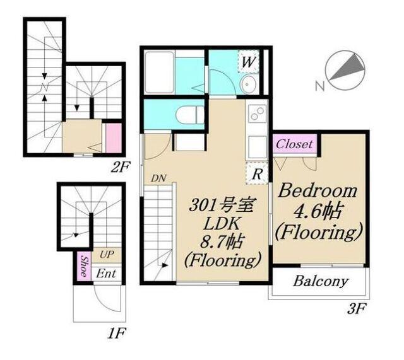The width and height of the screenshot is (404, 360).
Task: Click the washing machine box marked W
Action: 248,62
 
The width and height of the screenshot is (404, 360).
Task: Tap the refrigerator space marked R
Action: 257,173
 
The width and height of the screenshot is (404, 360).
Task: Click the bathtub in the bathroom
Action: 159,73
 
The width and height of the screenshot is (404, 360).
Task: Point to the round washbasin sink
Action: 248,84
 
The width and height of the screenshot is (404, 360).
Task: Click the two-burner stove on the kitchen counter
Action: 257,113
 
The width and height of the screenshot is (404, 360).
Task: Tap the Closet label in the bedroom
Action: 294,144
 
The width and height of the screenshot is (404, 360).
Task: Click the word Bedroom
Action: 318,191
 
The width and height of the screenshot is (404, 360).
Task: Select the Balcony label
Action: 320,281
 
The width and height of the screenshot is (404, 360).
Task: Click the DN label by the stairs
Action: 158,178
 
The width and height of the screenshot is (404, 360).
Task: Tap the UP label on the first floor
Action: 107,255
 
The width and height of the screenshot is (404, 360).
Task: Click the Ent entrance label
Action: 106,274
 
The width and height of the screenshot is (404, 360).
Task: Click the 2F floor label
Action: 121,168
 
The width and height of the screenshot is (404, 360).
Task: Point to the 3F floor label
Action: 357,309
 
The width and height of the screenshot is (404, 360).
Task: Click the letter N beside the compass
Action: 320,86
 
